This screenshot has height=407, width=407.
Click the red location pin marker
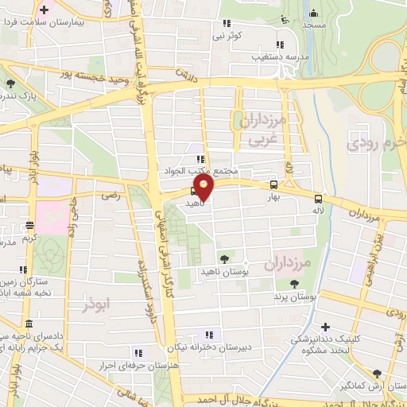click(x=204, y=188)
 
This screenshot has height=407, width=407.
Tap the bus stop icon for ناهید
click(x=195, y=191)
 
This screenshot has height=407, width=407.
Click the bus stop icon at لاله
click(x=318, y=199)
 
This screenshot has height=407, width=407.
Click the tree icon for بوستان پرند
click(x=294, y=284)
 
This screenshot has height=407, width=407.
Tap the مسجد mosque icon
click(x=314, y=13)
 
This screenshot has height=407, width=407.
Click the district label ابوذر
click(x=97, y=304)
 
